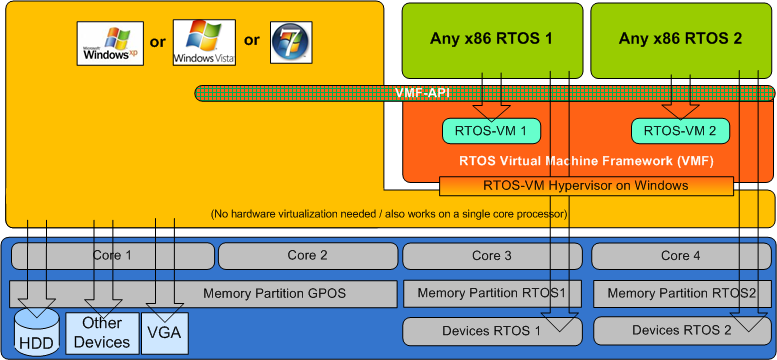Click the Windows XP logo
point(110,43)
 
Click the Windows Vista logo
point(204,43)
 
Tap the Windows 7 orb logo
point(291,42)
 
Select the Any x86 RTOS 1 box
point(492,41)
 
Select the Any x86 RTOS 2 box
point(681,41)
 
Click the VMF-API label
point(422,93)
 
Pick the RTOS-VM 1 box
point(491,131)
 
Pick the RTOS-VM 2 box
point(680,131)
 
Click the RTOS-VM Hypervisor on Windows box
point(586,186)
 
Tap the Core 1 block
point(112,256)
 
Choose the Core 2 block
point(308,256)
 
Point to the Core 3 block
point(492,256)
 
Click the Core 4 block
point(682,256)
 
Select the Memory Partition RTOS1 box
point(492,294)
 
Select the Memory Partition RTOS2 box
point(682,294)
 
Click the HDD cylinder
point(38,329)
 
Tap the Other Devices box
point(102,332)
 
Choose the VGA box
point(165,332)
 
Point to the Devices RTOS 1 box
point(492,331)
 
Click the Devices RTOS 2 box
point(682,331)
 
